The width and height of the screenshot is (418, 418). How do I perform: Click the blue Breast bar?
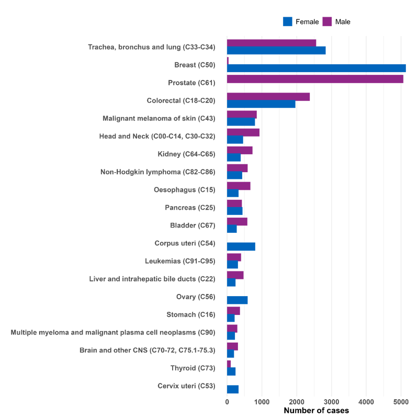point(317,69)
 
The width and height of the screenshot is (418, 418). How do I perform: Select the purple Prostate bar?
point(315,78)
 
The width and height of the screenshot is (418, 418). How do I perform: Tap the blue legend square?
point(287,21)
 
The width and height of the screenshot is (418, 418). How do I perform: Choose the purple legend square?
point(327,21)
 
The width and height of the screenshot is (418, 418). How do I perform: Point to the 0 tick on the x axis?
point(227,402)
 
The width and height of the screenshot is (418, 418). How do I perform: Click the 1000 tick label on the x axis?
point(262,402)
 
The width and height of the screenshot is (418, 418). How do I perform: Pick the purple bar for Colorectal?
point(268,97)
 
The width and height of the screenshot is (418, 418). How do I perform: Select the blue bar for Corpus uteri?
point(241,247)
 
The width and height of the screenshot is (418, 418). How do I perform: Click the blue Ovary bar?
point(238,300)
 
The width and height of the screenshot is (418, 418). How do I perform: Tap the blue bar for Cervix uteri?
point(233,389)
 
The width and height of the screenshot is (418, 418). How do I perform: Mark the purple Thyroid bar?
point(229,363)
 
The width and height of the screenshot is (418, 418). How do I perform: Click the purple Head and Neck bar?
point(243,132)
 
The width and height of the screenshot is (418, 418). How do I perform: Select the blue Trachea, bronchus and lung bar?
point(277,51)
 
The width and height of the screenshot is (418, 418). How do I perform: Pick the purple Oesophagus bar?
point(239,186)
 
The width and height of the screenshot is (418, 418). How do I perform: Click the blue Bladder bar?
point(232,229)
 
